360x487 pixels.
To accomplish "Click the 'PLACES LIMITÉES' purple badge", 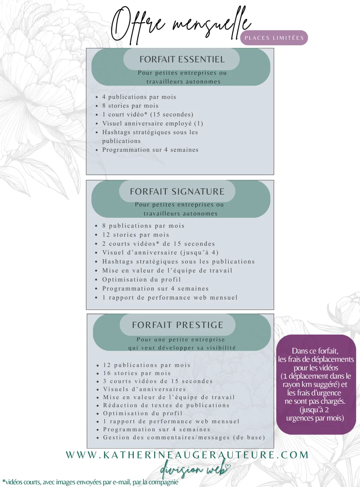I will (274, 38).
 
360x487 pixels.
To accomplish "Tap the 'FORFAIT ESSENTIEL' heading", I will (182, 59).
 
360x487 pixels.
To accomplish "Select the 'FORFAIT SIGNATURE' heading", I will (177, 191).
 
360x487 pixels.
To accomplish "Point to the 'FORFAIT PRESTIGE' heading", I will (178, 325).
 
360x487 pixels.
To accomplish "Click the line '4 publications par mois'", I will (139, 97).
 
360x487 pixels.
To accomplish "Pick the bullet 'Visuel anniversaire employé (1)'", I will (152, 123).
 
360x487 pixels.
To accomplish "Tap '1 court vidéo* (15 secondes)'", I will (148, 114).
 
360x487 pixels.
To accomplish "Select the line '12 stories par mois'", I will (136, 235).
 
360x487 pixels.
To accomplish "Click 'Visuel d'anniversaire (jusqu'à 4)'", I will (160, 252).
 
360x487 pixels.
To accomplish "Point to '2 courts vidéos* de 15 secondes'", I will (158, 244).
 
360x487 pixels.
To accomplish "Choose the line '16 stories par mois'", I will (137, 373).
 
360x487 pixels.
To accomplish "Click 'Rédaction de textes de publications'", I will (166, 405).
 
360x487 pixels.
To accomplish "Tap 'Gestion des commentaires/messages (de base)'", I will (184, 437).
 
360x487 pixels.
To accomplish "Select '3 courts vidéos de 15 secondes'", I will (158, 381).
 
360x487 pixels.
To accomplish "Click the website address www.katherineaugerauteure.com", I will (187, 455).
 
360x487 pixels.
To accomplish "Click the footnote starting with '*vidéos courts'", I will (90, 482).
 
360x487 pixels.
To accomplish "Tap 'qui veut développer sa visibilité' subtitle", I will (182, 348).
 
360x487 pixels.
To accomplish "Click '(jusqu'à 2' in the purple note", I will (314, 410).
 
